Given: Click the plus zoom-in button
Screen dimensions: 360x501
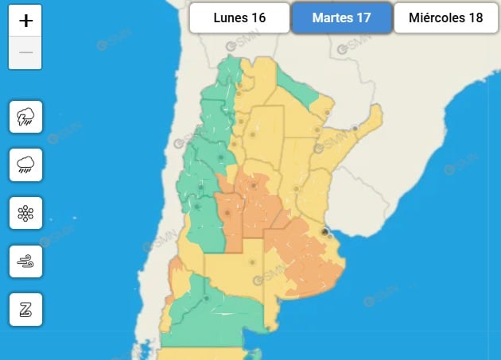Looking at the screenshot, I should [25, 21].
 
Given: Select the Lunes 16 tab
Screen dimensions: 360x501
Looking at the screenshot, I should [239, 17].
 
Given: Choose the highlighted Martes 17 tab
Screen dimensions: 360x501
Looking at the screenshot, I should [342, 17].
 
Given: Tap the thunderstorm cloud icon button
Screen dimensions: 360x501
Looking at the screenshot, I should [25, 117].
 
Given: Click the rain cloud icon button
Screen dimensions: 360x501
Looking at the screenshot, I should [25, 165].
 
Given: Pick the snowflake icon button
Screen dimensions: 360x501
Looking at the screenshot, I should [25, 213].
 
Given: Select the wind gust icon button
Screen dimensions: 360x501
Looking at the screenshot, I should [25, 261].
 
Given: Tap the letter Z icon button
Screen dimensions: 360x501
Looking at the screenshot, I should [25, 309].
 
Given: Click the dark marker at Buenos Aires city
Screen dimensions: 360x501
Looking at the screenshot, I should [324, 232].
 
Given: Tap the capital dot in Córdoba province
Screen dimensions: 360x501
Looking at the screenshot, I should [254, 187].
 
